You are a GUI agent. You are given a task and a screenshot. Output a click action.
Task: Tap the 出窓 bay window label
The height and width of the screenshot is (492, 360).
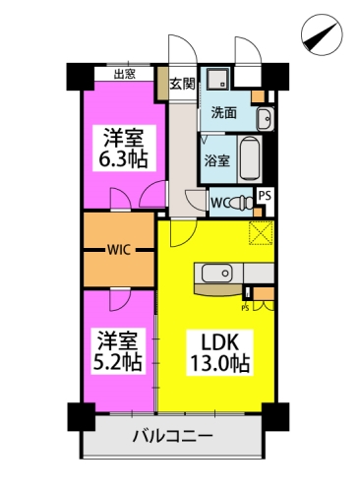tap(125, 73)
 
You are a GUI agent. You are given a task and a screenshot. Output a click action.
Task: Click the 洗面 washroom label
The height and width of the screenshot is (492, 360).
tap(222, 113)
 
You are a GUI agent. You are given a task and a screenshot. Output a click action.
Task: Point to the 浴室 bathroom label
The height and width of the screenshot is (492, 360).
tap(217, 160)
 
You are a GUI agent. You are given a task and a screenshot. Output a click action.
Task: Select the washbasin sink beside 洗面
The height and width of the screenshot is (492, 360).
tap(264, 121)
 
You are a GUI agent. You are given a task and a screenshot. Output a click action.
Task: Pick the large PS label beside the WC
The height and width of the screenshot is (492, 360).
tap(264, 196)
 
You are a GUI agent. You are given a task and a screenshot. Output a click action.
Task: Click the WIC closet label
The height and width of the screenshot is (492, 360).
tap(121, 250)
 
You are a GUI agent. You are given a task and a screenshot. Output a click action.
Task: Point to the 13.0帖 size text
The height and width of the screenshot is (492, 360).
tap(217, 364)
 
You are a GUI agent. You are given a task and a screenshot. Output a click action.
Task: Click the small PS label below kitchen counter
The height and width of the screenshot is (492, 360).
tap(244, 305)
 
